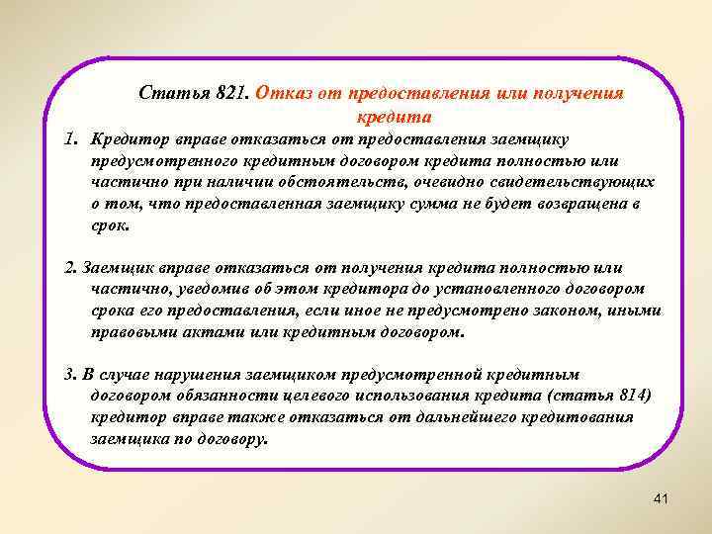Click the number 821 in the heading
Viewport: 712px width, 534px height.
[228, 94]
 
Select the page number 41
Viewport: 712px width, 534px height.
[661, 498]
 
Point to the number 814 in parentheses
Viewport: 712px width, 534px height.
[639, 397]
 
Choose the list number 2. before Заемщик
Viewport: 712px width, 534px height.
[69, 268]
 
